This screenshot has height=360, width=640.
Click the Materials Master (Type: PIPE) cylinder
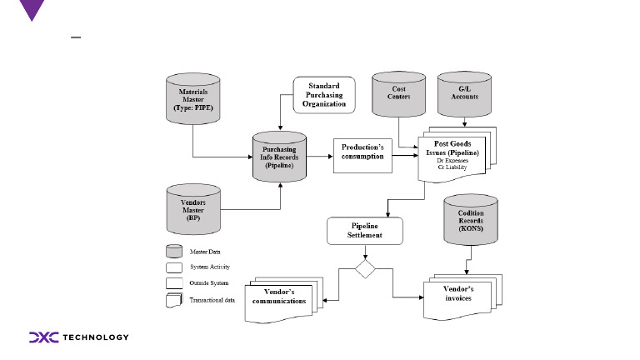pos(192,96)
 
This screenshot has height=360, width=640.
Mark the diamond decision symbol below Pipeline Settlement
pos(366,270)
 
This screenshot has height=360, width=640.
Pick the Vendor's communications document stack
pos(280,297)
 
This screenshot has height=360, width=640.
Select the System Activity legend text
pos(209,267)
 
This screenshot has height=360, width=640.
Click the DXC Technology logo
pos(79,337)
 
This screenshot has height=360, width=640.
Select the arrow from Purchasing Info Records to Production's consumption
pos(319,155)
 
